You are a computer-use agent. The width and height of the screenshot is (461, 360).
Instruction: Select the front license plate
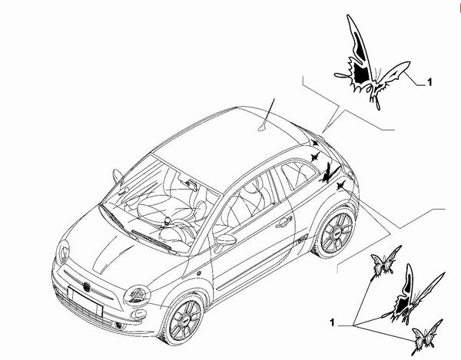85,302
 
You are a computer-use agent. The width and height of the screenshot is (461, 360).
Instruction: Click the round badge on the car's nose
87,286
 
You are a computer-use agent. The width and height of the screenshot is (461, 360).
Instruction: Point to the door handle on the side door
284,221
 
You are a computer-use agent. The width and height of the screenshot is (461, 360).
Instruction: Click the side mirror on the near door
225,241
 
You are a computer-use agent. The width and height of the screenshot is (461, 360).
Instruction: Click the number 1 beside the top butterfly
429,82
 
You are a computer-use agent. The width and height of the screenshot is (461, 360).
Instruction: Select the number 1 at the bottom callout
332,322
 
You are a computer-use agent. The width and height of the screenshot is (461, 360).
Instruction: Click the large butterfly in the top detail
372,62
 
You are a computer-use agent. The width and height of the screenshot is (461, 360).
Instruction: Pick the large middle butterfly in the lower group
413,295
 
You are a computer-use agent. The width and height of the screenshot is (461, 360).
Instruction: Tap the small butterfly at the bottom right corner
426,337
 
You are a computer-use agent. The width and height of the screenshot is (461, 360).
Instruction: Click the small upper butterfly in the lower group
386,261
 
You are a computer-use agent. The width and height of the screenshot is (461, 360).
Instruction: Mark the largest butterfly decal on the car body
329,173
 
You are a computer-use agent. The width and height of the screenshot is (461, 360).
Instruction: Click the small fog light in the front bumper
119,325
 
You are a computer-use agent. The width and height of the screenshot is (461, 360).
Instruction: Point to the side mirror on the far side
118,176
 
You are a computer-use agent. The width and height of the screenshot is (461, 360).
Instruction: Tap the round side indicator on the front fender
199,273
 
